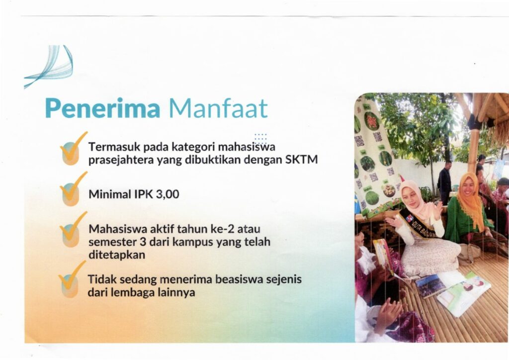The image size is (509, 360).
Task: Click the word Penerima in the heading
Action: (x=102, y=108)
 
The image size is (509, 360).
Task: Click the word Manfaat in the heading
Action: (x=218, y=108)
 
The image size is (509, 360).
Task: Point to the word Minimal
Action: (x=110, y=194)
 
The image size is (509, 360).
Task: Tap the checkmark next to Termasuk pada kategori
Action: (x=73, y=149)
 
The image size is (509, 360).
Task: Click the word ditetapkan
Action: (x=117, y=255)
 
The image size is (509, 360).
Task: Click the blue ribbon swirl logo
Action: (x=49, y=66)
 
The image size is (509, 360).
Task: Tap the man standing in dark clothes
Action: (x=445, y=182)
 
